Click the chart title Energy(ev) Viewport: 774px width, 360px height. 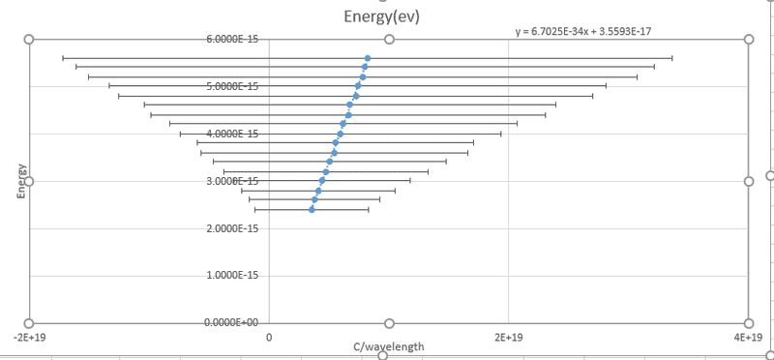[381, 16]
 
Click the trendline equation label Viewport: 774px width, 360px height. [583, 32]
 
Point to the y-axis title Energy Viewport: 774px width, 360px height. [20, 181]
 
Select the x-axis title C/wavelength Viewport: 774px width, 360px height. [389, 346]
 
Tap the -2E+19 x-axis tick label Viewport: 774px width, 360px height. [30, 338]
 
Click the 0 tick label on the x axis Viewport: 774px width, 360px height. [269, 338]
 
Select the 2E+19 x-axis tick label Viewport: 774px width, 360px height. [509, 338]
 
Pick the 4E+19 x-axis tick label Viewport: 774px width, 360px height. [748, 338]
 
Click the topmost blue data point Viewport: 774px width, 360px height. [368, 58]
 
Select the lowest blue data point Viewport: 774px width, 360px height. [312, 209]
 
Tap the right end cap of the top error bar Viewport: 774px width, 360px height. [672, 58]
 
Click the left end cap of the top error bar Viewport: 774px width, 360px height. [63, 58]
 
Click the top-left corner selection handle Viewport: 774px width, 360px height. [29, 40]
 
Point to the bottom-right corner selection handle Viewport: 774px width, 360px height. [749, 323]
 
